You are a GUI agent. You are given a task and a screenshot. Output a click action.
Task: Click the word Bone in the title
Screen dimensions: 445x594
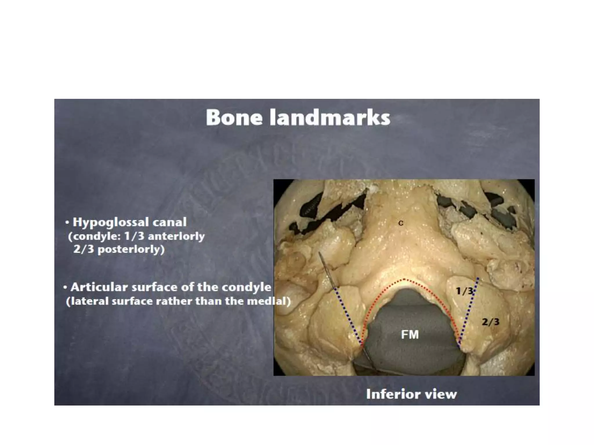234,118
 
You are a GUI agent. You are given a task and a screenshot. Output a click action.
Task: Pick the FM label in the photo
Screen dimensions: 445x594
410,335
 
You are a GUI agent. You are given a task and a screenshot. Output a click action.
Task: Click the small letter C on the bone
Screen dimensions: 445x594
401,223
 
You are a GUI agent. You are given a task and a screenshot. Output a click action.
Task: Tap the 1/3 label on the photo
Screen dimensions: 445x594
464,291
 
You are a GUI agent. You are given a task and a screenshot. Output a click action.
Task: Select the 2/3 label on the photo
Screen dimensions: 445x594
490,322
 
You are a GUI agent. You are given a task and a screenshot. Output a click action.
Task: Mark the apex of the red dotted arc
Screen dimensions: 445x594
404,280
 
